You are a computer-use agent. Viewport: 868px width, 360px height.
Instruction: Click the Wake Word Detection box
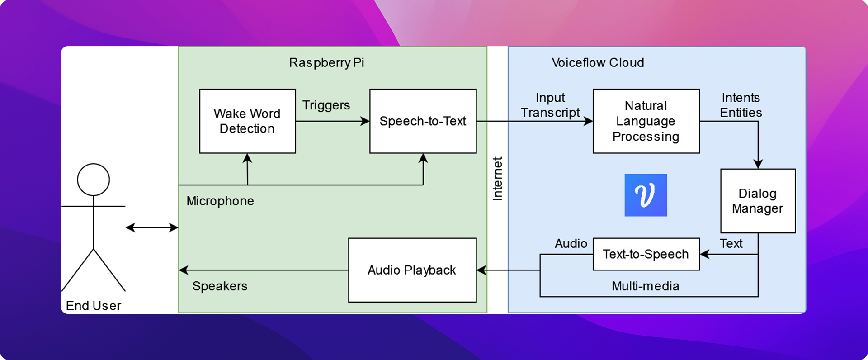click(247, 121)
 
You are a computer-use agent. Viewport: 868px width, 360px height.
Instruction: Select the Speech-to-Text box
click(423, 121)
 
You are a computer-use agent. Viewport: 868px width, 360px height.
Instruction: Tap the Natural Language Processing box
click(646, 121)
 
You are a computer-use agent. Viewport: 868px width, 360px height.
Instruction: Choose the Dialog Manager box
click(758, 201)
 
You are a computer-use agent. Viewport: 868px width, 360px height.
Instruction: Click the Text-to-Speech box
click(646, 254)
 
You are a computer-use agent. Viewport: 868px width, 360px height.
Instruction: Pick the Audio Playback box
click(412, 270)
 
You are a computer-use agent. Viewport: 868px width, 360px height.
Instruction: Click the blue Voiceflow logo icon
click(646, 195)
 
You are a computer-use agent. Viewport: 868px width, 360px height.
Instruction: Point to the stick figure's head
click(94, 180)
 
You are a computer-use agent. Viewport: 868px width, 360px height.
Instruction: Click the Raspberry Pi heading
click(326, 62)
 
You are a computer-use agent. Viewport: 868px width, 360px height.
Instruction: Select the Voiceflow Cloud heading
click(598, 62)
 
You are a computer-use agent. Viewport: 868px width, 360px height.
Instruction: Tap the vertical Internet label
click(497, 178)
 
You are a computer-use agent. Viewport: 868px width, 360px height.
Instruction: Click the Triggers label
click(326, 105)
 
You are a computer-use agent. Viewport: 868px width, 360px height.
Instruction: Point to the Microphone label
click(220, 201)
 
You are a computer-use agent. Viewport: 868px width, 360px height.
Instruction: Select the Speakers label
click(220, 286)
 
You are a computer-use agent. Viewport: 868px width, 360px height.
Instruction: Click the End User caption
click(94, 306)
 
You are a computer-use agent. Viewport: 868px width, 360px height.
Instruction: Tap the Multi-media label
click(646, 286)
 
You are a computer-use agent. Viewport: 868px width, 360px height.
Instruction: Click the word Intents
click(741, 98)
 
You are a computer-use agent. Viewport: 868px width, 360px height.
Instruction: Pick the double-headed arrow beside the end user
click(152, 227)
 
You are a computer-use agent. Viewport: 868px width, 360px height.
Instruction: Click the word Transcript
click(550, 113)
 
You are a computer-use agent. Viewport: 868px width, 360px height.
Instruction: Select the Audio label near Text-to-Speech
click(571, 243)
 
